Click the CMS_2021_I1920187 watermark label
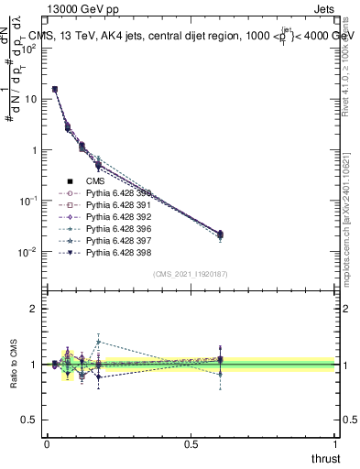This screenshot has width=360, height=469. tap(191, 274)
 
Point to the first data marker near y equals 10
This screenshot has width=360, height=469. tap(55, 90)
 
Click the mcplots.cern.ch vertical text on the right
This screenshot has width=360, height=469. tap(351, 211)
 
